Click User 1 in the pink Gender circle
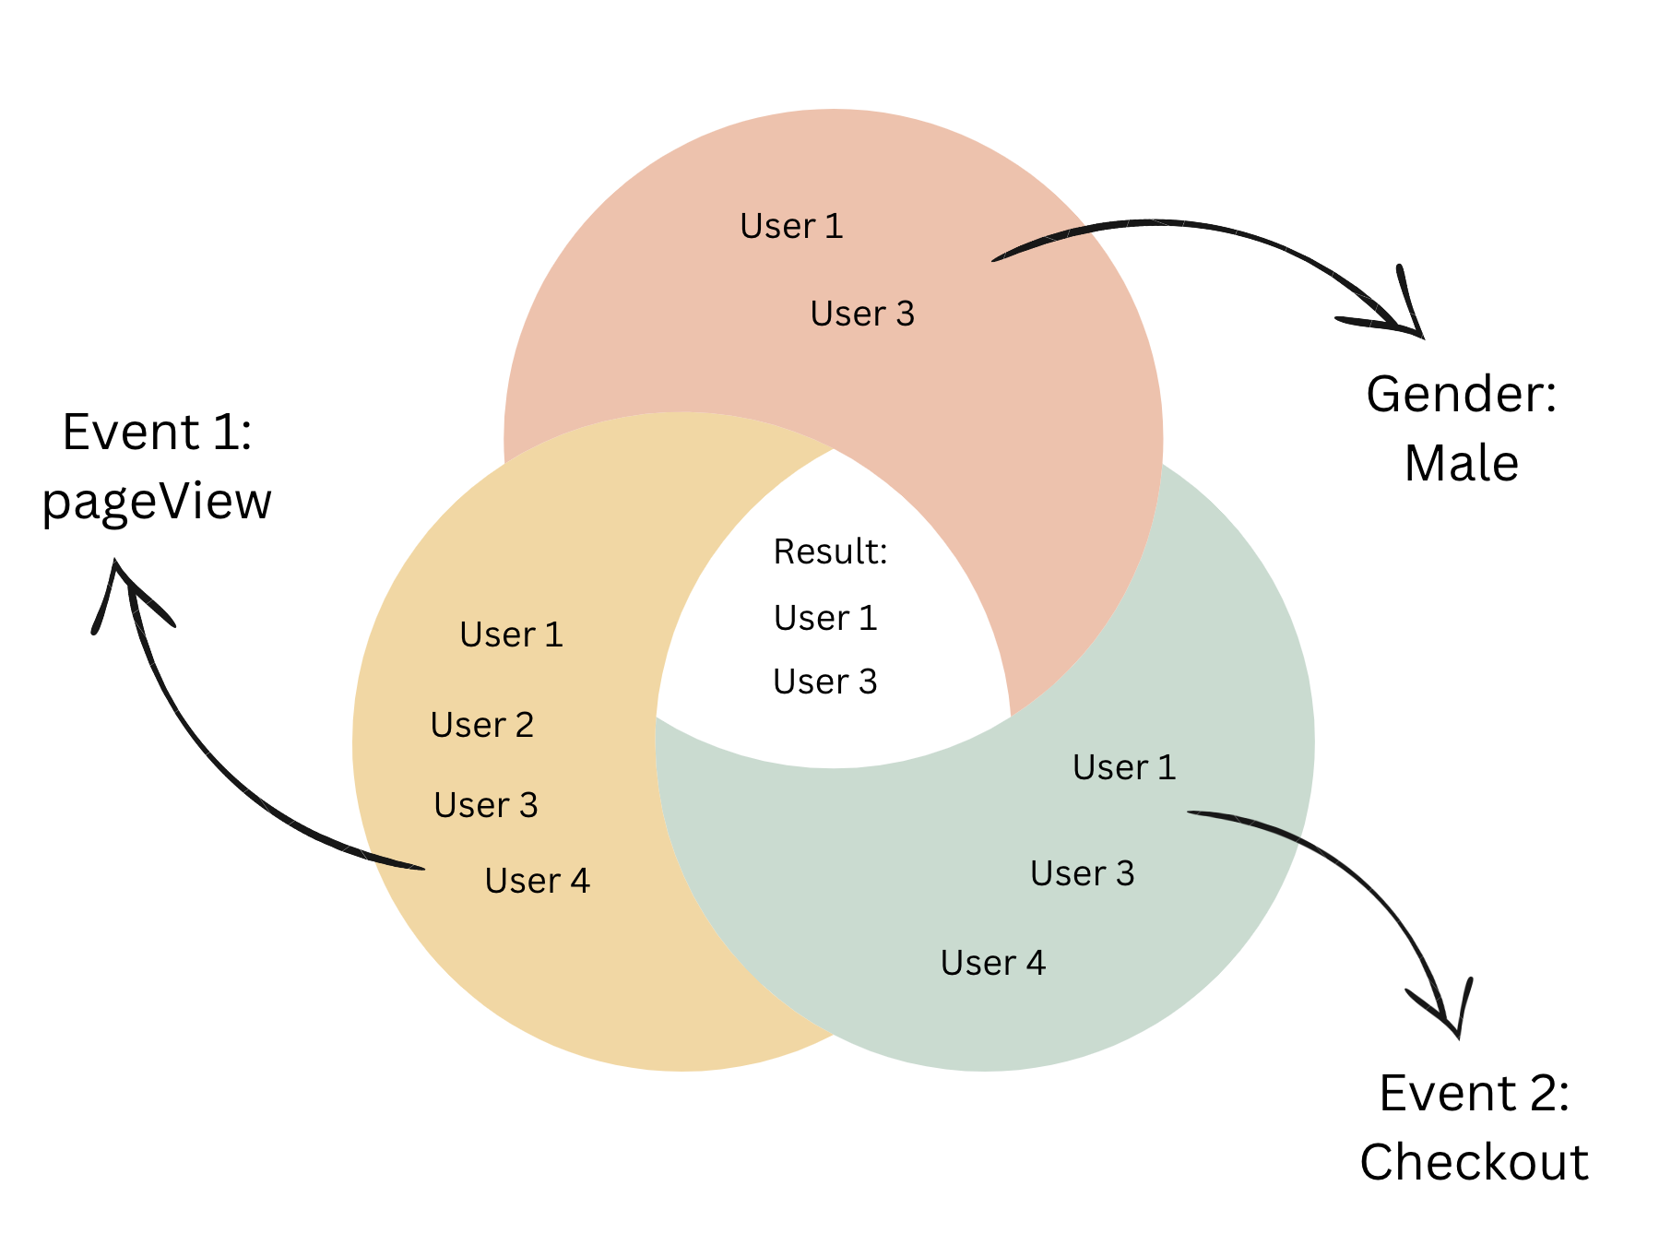pyautogui.click(x=791, y=226)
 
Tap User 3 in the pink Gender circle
pyautogui.click(x=862, y=314)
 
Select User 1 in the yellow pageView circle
pyautogui.click(x=511, y=634)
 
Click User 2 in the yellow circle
pyautogui.click(x=482, y=725)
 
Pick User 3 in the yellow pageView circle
pyautogui.click(x=486, y=805)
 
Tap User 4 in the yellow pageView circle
pyautogui.click(x=537, y=881)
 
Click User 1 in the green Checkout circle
pyautogui.click(x=1124, y=767)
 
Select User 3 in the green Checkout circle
pyautogui.click(x=1082, y=873)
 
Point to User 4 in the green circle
pyautogui.click(x=993, y=963)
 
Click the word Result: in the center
pyautogui.click(x=830, y=551)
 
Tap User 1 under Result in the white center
pyautogui.click(x=825, y=618)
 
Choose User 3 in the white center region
pyautogui.click(x=825, y=682)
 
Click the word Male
pyautogui.click(x=1462, y=463)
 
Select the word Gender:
pyautogui.click(x=1462, y=394)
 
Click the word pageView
pyautogui.click(x=157, y=503)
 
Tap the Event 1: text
pyautogui.click(x=158, y=432)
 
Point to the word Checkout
pyautogui.click(x=1474, y=1161)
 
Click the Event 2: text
pyautogui.click(x=1474, y=1093)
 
